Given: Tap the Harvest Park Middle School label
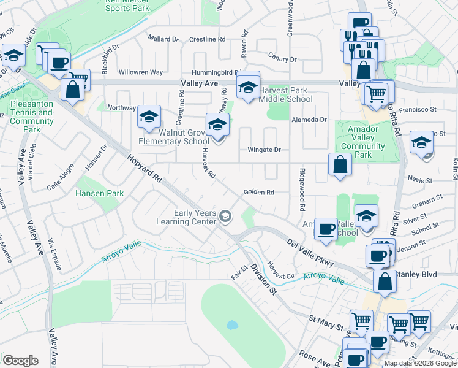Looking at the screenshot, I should coord(285,94).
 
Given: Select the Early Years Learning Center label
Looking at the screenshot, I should coord(187,217).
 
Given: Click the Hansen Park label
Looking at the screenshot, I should coord(100,193).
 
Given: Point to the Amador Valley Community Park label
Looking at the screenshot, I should coord(363,142).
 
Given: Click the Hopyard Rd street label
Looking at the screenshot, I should coord(145,169).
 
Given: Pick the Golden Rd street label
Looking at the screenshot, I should coord(258,192).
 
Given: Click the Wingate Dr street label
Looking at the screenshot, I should coord(264,150).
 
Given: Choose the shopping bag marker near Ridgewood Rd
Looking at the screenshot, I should coord(340,165).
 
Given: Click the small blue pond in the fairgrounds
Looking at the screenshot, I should coord(231,324).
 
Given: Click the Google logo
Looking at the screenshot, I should coord(20,360).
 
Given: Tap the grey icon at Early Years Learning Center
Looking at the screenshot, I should coord(225,215).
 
